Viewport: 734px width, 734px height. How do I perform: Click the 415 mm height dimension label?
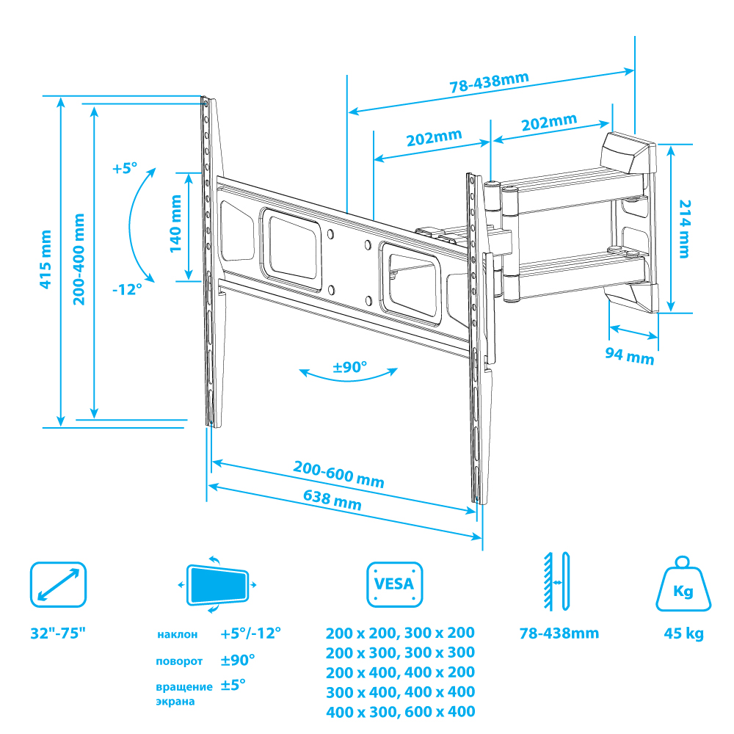pyautogui.click(x=45, y=259)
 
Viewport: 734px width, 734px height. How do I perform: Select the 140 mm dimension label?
pyautogui.click(x=175, y=224)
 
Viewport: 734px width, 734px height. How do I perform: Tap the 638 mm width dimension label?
pyautogui.click(x=333, y=500)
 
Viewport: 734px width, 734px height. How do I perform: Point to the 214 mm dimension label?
pyautogui.click(x=685, y=229)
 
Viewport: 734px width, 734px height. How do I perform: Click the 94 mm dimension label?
pyautogui.click(x=630, y=356)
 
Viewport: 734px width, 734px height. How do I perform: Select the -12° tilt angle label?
pyautogui.click(x=127, y=289)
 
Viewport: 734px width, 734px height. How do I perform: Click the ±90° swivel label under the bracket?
pyautogui.click(x=349, y=367)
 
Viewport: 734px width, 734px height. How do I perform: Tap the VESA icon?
pyautogui.click(x=395, y=584)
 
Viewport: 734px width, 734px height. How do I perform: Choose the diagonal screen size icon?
pyautogui.click(x=59, y=585)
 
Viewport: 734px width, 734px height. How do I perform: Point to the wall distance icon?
pyautogui.click(x=556, y=581)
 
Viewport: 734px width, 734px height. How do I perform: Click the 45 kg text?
pyautogui.click(x=684, y=633)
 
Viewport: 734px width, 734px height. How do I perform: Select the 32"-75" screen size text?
pyautogui.click(x=58, y=633)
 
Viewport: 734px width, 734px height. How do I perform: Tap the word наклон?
pyautogui.click(x=178, y=635)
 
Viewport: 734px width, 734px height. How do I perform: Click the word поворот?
pyautogui.click(x=179, y=661)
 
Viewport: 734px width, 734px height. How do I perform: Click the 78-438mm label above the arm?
pyautogui.click(x=489, y=82)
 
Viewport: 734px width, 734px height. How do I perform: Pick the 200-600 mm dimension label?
pyautogui.click(x=338, y=474)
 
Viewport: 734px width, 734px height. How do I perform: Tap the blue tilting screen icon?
pyautogui.click(x=217, y=585)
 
